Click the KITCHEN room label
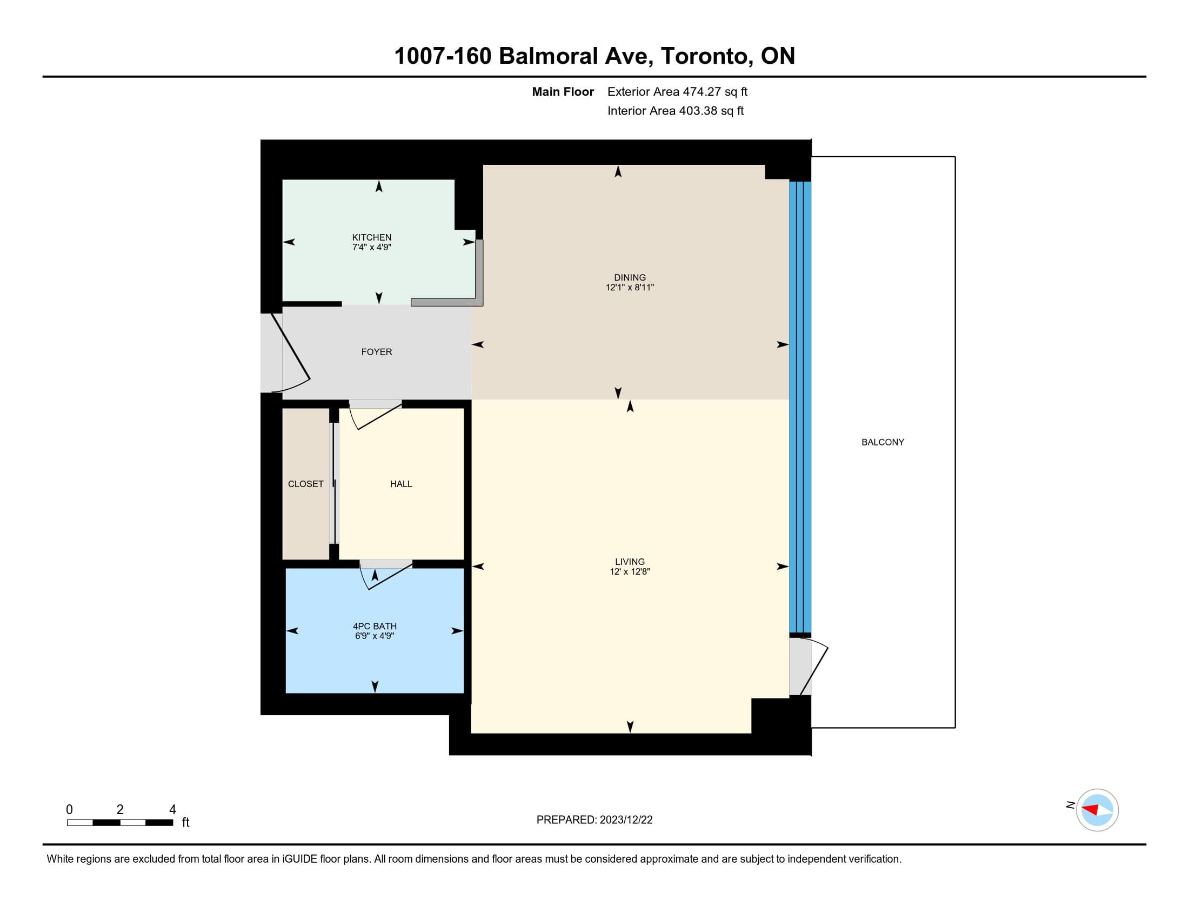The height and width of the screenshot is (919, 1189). click(x=372, y=237)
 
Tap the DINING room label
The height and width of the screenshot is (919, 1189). click(x=630, y=278)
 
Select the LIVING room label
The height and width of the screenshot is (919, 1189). click(x=630, y=562)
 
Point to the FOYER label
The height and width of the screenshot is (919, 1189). click(x=377, y=352)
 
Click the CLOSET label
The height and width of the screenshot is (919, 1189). click(x=306, y=484)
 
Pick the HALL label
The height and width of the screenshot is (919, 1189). click(x=401, y=484)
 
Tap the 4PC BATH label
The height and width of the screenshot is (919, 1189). click(x=375, y=626)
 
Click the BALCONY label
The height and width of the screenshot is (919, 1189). click(x=883, y=442)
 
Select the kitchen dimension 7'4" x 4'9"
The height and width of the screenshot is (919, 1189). click(x=372, y=247)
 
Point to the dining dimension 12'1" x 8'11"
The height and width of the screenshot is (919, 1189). click(x=630, y=288)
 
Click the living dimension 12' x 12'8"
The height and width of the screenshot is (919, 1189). click(x=630, y=571)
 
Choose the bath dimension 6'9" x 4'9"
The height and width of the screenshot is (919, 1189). click(x=375, y=636)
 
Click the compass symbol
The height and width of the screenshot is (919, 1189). click(x=1097, y=810)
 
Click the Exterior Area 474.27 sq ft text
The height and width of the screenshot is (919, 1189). click(x=677, y=92)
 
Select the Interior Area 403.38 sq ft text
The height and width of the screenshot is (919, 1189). click(x=675, y=111)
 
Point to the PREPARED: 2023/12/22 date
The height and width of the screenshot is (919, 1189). click(x=594, y=820)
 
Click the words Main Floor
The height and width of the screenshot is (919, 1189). click(x=563, y=92)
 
